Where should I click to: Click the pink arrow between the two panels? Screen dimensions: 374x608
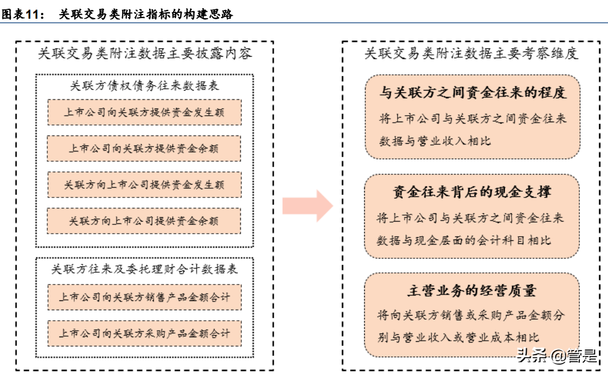[x=308, y=206]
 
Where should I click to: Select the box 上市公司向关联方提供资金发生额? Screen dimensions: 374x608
[x=144, y=112]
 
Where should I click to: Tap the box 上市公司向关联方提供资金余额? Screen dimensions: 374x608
[x=144, y=148]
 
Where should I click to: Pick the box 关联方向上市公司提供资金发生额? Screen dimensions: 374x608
[x=144, y=185]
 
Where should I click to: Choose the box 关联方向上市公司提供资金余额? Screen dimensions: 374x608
[x=144, y=221]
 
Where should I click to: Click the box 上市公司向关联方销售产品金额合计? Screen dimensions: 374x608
[x=144, y=297]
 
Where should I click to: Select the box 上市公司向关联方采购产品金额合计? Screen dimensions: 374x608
[x=144, y=334]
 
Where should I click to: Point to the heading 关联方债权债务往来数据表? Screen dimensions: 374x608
[x=144, y=86]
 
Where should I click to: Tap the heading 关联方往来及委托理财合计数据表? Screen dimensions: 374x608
[x=144, y=269]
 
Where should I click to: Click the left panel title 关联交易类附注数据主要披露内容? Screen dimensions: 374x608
[x=144, y=54]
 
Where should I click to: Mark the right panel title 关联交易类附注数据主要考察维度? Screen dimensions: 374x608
[x=471, y=54]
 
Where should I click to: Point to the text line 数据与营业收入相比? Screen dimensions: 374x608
[x=435, y=141]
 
